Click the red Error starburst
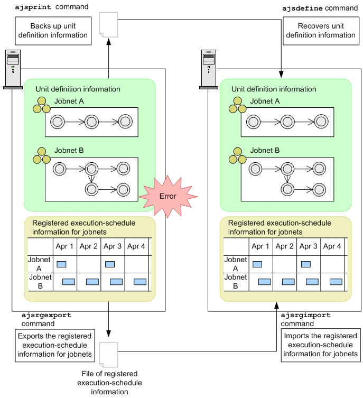[x=169, y=196]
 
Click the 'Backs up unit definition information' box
[x=52, y=31]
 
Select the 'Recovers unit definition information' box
[x=321, y=31]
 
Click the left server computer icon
[x=13, y=69]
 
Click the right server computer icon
[x=209, y=69]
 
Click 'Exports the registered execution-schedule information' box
[x=54, y=345]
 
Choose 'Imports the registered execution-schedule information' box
[x=320, y=345]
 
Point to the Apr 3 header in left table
[x=112, y=246]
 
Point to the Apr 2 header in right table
[x=284, y=246]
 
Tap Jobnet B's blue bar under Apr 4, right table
[x=336, y=282]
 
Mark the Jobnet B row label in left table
[x=40, y=282]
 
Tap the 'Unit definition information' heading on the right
[x=274, y=89]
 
